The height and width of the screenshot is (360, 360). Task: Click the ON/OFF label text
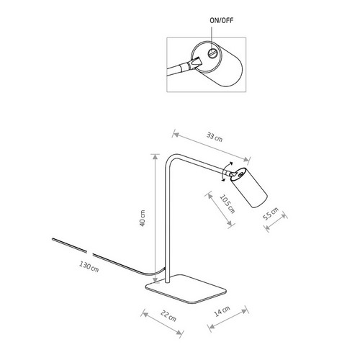[221, 20]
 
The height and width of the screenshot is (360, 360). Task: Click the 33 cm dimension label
[215, 137]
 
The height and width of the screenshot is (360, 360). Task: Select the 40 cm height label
[143, 218]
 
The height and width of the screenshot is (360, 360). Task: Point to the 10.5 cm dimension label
[228, 204]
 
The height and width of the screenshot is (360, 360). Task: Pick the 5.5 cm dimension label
[271, 214]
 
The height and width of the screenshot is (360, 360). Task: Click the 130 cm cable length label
[89, 266]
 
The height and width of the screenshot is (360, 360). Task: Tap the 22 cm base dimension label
[168, 316]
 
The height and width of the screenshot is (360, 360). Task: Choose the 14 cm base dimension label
[222, 311]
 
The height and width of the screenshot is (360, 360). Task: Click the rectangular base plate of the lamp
[186, 289]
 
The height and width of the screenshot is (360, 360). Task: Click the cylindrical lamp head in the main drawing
[250, 187]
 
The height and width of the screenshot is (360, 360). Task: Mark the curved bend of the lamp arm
[170, 160]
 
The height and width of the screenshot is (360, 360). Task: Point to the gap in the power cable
[89, 253]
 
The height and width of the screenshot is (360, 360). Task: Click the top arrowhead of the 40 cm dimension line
[156, 156]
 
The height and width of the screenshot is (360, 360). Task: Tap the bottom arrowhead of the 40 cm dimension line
[156, 280]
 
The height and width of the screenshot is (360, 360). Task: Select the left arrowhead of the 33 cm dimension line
[175, 135]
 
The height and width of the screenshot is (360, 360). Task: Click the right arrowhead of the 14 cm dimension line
[245, 311]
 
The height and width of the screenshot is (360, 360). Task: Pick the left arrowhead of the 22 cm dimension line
[145, 313]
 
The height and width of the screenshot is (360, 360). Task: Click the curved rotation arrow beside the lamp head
[226, 171]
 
